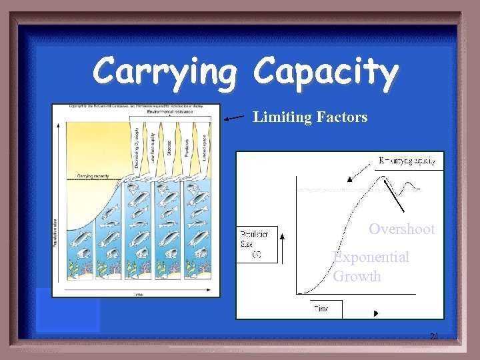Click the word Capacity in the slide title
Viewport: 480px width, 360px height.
click(326, 71)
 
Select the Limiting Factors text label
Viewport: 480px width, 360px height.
click(310, 117)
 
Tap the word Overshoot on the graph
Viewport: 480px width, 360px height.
click(401, 229)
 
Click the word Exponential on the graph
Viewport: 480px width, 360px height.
click(371, 257)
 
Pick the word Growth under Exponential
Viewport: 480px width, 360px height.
click(357, 276)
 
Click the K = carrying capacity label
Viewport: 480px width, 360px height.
click(407, 161)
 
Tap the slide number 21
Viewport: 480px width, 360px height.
click(434, 337)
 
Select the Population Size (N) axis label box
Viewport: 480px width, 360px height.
click(257, 244)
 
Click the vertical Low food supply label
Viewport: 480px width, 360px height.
click(153, 147)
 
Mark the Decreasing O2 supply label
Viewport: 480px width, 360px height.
click(137, 147)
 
